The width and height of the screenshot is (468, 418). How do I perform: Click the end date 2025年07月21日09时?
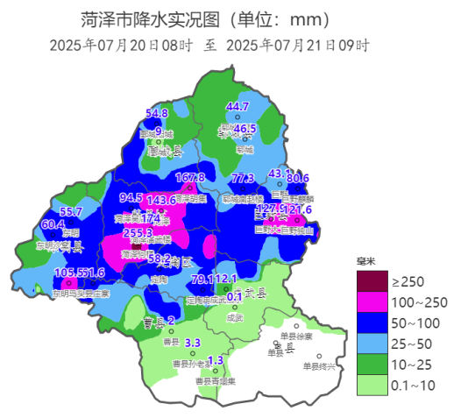click(x=298, y=45)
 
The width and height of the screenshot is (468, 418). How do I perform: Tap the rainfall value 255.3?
click(x=138, y=233)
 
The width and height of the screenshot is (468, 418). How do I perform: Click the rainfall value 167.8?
click(x=190, y=178)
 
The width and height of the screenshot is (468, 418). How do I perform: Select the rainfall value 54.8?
click(x=156, y=113)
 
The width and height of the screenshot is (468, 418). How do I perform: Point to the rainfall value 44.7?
click(x=238, y=107)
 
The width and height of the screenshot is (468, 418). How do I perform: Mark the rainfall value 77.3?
click(x=243, y=179)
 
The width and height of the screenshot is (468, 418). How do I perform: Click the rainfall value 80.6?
click(x=298, y=179)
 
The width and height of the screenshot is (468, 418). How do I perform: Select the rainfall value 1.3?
click(x=216, y=360)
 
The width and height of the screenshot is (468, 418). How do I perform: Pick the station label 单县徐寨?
click(x=296, y=336)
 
